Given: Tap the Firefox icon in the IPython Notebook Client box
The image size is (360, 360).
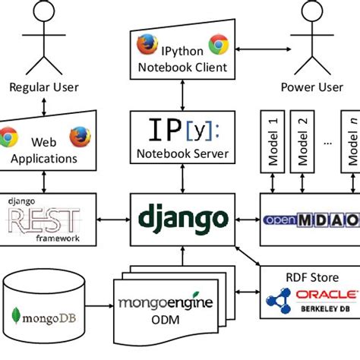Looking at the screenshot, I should (x=146, y=45).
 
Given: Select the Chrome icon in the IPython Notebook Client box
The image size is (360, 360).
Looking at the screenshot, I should (x=219, y=45).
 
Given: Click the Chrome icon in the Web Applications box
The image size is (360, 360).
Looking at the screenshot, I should (x=9, y=137).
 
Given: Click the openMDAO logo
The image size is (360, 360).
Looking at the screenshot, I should (x=311, y=220).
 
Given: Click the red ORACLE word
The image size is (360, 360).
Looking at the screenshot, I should (x=328, y=295).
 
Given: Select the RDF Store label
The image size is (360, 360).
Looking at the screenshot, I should (x=311, y=277).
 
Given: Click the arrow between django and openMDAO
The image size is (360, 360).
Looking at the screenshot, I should (x=245, y=219).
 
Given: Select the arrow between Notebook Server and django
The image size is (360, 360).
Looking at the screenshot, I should (x=182, y=180).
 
